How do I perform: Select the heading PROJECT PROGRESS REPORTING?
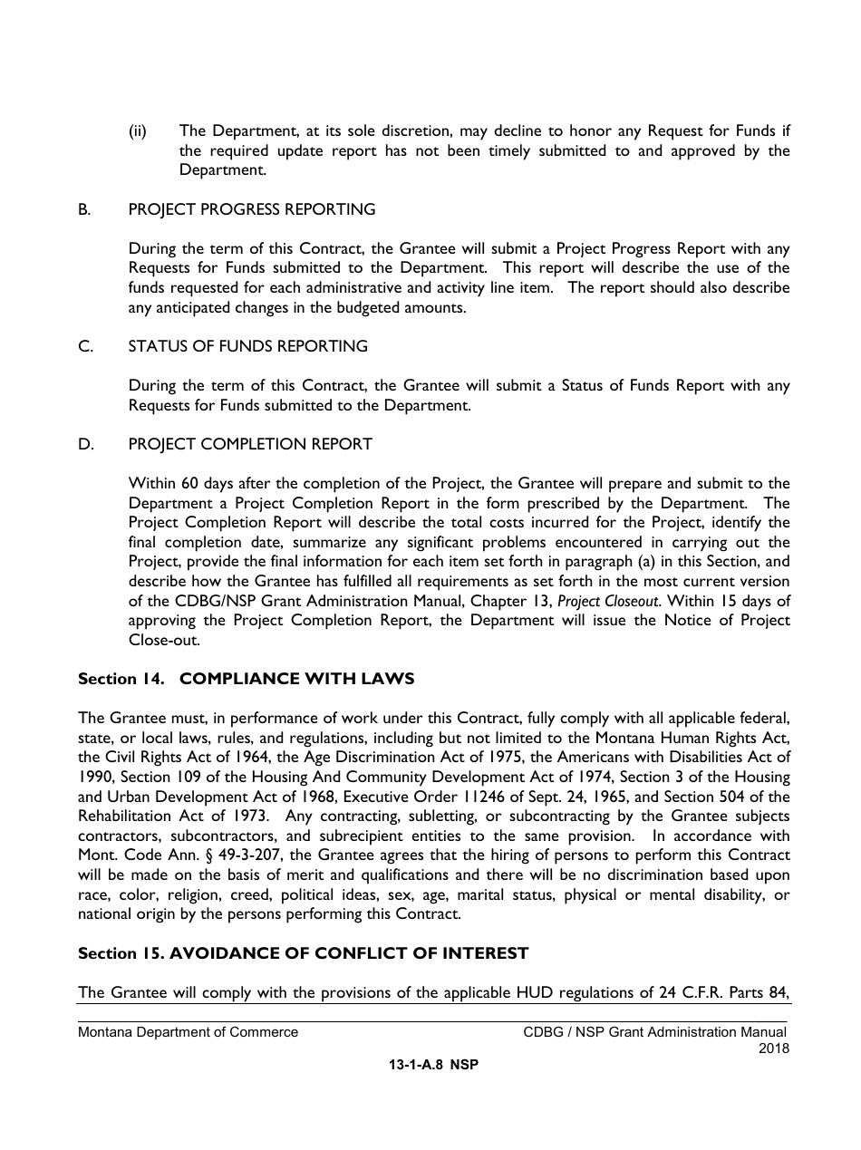pyautogui.click(x=251, y=209)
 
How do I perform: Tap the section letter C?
pyautogui.click(x=84, y=346)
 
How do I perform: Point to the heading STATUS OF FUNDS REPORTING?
pyautogui.click(x=247, y=346)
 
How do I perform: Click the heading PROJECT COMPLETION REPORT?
pyautogui.click(x=250, y=444)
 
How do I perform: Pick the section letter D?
pyautogui.click(x=84, y=444)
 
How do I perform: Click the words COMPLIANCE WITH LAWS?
pyautogui.click(x=296, y=679)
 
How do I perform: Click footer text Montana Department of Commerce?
pyautogui.click(x=188, y=1032)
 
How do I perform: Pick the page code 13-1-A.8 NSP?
pyautogui.click(x=433, y=1066)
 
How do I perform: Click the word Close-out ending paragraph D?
pyautogui.click(x=163, y=640)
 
